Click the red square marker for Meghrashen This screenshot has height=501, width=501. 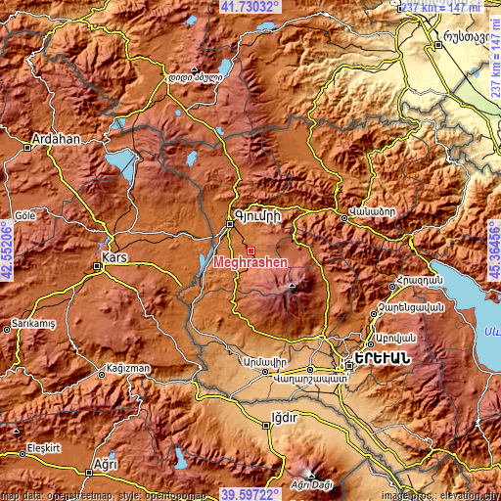[250, 250]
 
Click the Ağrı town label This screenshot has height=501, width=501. [100, 462]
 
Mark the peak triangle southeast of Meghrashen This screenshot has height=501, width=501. [291, 288]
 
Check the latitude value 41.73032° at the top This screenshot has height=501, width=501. [250, 7]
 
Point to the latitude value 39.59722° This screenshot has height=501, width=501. [250, 494]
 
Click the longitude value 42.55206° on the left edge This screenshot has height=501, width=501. [7, 250]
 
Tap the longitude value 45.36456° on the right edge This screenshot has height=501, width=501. [494, 250]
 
